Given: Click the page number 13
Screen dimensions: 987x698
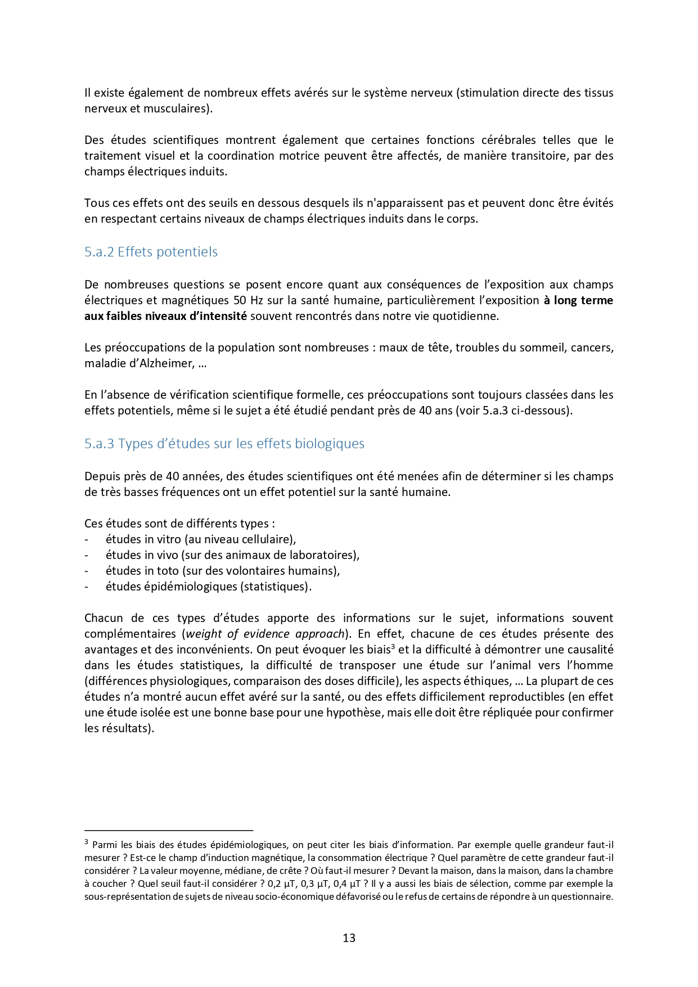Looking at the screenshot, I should [349, 938].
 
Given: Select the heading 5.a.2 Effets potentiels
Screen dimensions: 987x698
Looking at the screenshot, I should [151, 252].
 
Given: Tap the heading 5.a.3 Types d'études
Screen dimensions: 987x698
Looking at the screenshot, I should [224, 444].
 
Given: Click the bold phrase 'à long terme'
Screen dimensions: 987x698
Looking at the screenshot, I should [578, 300].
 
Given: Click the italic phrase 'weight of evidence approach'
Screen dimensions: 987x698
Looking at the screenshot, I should [264, 634].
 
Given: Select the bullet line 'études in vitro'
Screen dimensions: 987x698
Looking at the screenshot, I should [200, 539].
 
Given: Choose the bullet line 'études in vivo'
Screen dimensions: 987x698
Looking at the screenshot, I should [232, 555].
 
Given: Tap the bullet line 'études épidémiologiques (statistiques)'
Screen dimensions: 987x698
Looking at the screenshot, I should [208, 587].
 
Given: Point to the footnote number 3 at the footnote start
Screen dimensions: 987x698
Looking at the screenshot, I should [87, 842].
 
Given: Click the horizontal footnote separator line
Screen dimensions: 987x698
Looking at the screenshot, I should [169, 830].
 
